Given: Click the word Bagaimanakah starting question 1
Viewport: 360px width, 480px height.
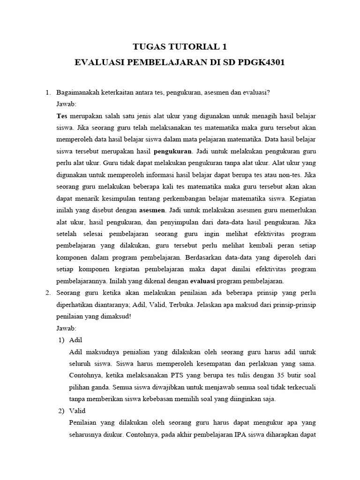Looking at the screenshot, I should pyautogui.click(x=77, y=92).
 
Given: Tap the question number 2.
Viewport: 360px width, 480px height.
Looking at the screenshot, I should pyautogui.click(x=48, y=293).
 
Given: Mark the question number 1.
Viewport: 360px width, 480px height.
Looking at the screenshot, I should pyautogui.click(x=48, y=92).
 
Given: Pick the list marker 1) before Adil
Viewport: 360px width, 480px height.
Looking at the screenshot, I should pyautogui.click(x=61, y=339).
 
